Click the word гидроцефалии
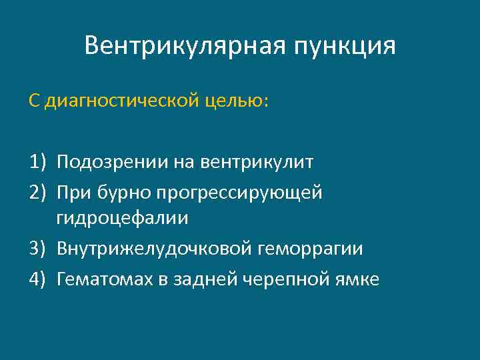123,219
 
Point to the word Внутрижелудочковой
152,249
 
